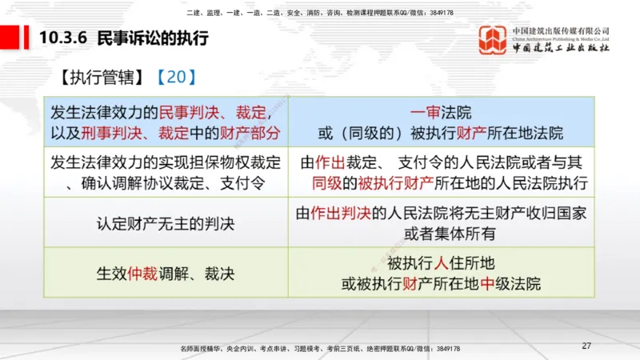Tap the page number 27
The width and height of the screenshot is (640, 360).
point(586,346)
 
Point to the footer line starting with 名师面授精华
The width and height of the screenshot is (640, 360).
point(320,349)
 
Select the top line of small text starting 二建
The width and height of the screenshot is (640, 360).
point(320,13)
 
